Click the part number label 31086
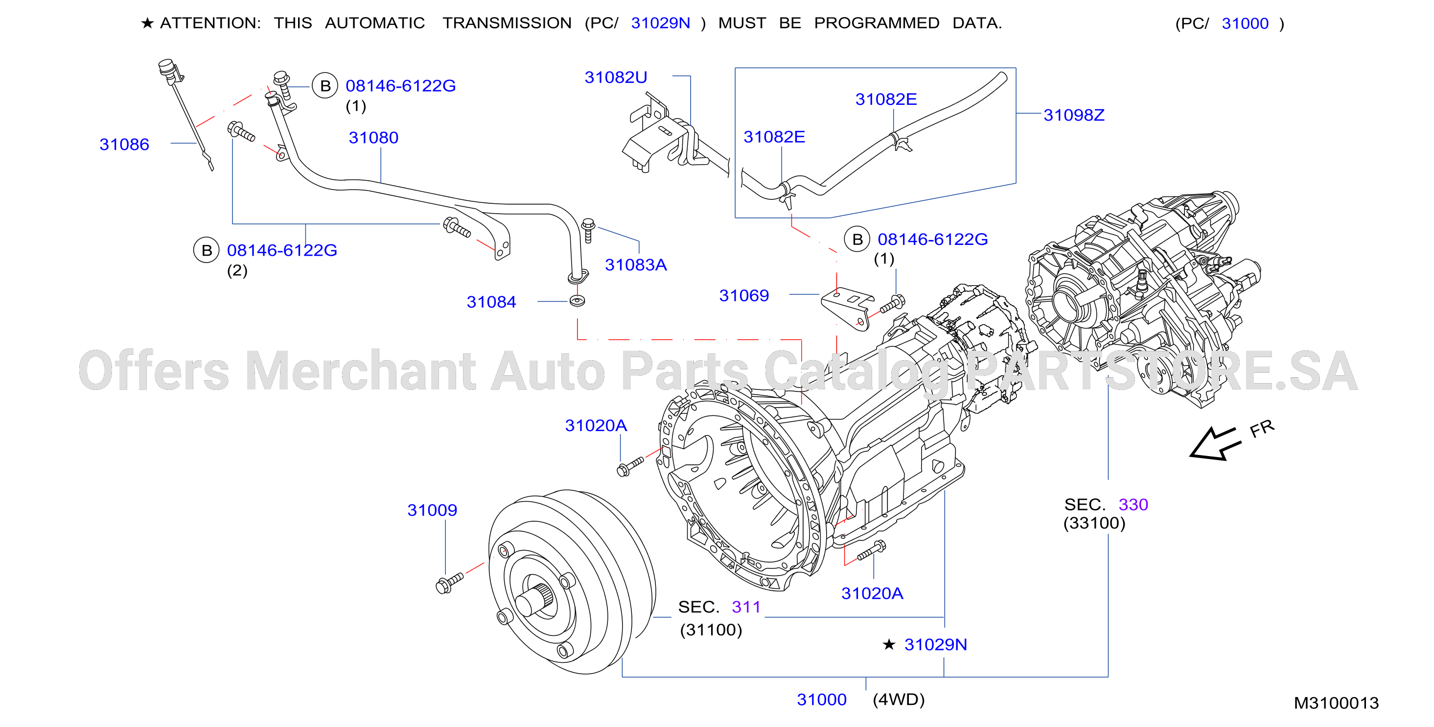[124, 145]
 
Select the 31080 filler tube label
[373, 138]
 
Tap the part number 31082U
[616, 77]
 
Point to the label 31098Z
[1074, 115]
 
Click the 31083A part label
[636, 265]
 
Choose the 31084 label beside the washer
[491, 302]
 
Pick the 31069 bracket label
[744, 295]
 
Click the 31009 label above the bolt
[432, 510]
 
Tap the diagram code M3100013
[1336, 703]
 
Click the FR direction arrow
[1215, 444]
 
